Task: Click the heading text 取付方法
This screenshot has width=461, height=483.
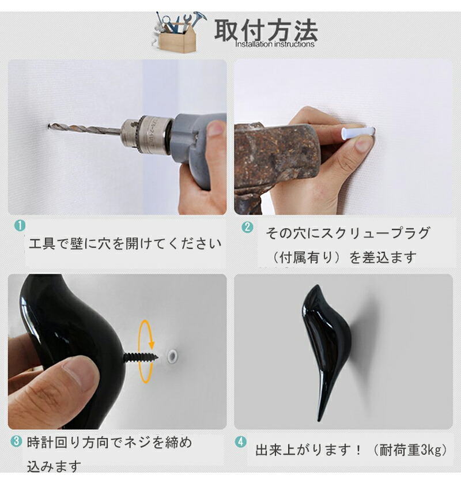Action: pos(266,30)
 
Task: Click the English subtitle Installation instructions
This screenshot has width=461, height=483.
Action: pos(275,44)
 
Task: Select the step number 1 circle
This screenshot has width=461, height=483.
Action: pos(20,226)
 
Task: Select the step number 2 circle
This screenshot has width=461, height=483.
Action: pos(248,228)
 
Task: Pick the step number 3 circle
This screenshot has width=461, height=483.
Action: pos(16,442)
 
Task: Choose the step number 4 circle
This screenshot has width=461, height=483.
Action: pos(241,442)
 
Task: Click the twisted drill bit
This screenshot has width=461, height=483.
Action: pos(85,129)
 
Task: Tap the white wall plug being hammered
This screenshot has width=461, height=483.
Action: pos(358,133)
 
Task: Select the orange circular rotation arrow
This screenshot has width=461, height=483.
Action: pos(146,352)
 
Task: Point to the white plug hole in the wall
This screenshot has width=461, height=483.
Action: pos(172,355)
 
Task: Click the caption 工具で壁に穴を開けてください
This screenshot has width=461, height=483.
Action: pos(125,244)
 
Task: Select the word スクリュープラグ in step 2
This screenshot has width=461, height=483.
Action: pos(375,233)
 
